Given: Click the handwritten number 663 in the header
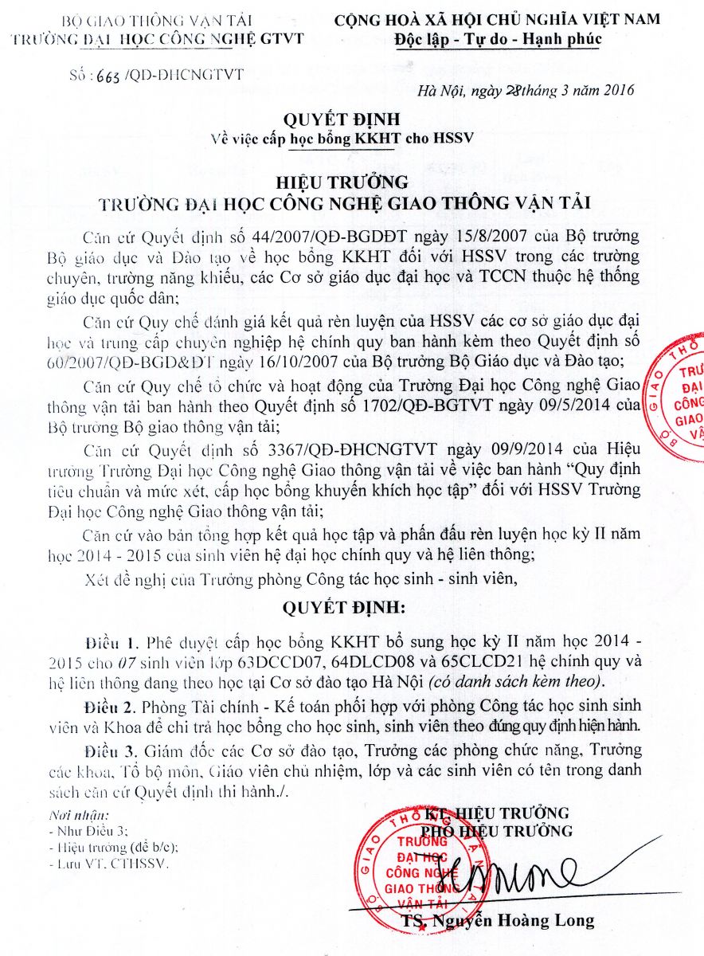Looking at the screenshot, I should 109,76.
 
